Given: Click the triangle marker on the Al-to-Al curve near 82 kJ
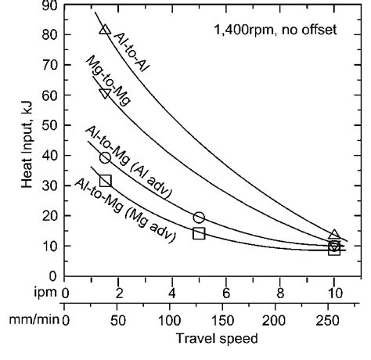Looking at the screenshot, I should point(105,30).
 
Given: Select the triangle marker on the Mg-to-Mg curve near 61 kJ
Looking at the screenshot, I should point(105,93).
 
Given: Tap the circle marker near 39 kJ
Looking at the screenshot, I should point(105,157).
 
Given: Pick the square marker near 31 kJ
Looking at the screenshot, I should point(106,181).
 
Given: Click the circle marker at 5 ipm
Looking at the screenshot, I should point(199,218).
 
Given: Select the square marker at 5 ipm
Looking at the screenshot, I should point(199,233).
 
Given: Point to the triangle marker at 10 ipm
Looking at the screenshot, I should point(334,235).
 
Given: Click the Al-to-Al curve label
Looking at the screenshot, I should point(132,51).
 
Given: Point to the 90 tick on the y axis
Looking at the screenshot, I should point(51,6).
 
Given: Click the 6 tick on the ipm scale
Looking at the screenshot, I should point(226,294).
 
